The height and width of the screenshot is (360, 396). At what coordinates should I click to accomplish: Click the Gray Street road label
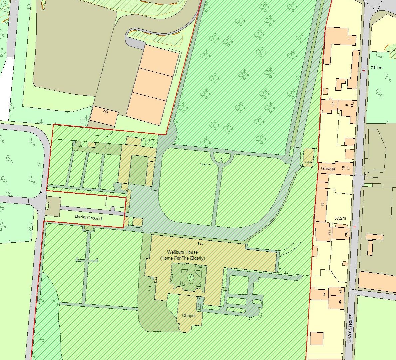click(x=349, y=328)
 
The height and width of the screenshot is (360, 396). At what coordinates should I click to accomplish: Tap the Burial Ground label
click(x=88, y=218)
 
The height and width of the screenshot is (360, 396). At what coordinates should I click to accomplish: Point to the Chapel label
click(x=189, y=315)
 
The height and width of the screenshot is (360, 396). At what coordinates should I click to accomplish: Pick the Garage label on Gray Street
click(x=328, y=169)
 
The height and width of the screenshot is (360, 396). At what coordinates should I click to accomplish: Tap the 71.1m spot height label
click(x=376, y=68)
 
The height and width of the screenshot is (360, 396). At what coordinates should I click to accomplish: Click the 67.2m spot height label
click(x=340, y=218)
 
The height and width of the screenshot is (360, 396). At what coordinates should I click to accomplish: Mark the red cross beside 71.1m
click(x=364, y=70)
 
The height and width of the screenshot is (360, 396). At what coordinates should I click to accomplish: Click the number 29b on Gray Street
click(x=346, y=234)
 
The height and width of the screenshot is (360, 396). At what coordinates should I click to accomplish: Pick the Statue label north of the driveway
click(x=205, y=164)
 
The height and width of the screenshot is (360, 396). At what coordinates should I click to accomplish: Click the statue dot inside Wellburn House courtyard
click(x=191, y=277)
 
